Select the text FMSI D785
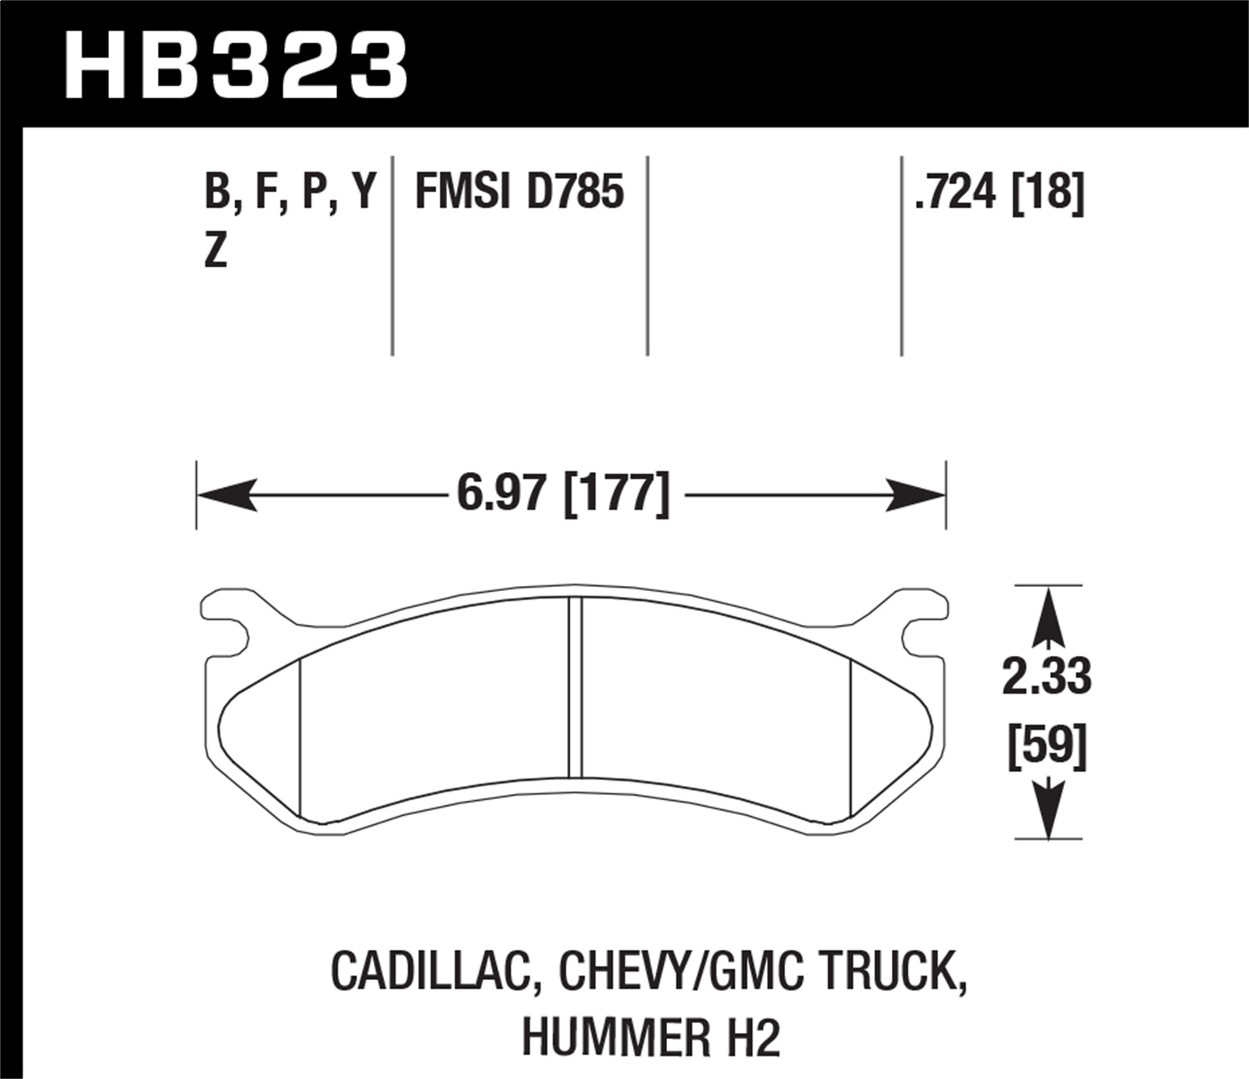click(x=519, y=192)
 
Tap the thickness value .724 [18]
click(x=998, y=192)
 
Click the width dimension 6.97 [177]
click(x=563, y=494)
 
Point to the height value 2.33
click(x=1046, y=676)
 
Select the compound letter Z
click(x=216, y=250)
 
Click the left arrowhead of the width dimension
click(x=225, y=495)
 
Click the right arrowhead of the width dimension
click(x=917, y=495)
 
